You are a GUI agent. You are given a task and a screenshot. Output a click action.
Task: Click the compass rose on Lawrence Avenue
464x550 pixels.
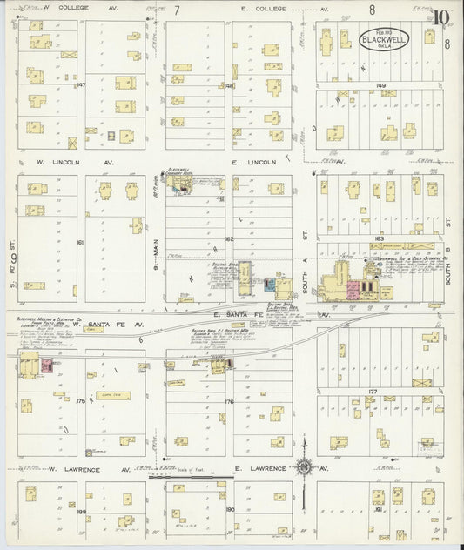pos(304,468)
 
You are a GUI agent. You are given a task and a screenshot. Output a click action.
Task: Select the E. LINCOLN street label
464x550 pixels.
pos(253,162)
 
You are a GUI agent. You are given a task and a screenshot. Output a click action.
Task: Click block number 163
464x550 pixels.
pos(380,237)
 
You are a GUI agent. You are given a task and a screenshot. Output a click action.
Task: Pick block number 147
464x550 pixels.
pos(80,85)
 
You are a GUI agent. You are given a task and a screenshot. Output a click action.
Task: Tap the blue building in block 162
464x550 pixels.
pos(280,284)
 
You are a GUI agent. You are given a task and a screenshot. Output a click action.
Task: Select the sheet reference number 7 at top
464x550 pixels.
pos(177,10)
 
